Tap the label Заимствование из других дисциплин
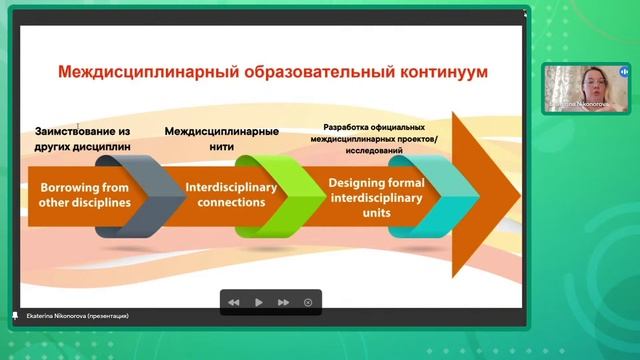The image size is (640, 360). pos(84,138)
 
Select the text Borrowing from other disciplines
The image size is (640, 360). pos(84,194)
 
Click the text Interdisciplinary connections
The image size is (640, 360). pos(225,194)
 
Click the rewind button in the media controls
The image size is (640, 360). pos(233,302)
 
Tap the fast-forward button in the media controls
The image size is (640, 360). pos(283,302)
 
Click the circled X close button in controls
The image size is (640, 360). pos(308,302)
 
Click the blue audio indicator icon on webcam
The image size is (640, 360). pos(623,73)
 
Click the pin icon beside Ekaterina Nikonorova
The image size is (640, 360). pos(14,315)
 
